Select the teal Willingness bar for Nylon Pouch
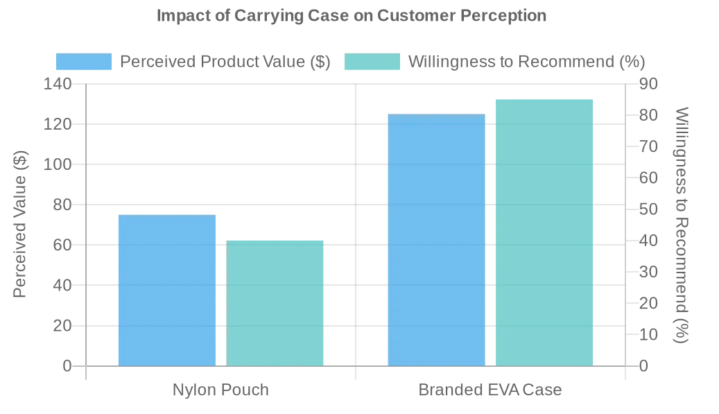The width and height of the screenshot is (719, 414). coord(275,303)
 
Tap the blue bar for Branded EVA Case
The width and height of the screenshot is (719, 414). coord(436,239)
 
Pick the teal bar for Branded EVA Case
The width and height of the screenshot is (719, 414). coord(544,232)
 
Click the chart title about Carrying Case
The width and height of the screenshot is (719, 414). coord(352,15)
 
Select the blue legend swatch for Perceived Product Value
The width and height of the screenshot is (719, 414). coord(84,62)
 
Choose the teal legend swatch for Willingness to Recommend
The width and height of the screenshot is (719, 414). coord(372,62)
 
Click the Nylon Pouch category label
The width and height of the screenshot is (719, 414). coord(220,390)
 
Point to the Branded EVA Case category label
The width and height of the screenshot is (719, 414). coord(490,390)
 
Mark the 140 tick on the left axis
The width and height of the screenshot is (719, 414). coord(58,84)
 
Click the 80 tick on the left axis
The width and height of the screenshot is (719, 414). coord(62,205)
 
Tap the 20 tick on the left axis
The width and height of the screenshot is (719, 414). coord(62,325)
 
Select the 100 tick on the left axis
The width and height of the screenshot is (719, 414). coord(58,164)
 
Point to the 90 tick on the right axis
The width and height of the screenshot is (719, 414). coord(648,84)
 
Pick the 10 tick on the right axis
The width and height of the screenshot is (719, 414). coord(648,334)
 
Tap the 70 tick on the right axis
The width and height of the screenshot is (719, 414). coord(648,146)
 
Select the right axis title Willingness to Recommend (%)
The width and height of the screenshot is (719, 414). coord(682,225)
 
